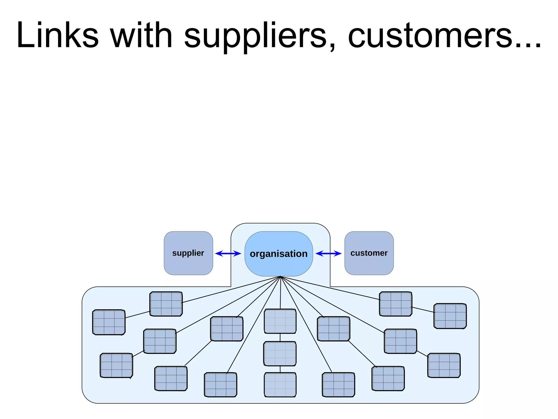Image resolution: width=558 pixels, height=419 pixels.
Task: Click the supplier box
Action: click(x=188, y=253)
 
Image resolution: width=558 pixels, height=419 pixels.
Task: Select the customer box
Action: click(x=369, y=253)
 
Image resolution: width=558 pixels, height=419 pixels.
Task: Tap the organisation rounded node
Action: click(x=278, y=254)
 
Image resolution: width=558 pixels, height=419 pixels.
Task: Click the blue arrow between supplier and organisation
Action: click(x=228, y=254)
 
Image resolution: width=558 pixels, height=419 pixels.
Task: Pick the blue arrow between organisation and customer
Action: click(x=328, y=254)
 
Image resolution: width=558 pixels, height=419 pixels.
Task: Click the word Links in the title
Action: click(x=57, y=35)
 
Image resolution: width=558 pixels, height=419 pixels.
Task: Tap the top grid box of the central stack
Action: click(x=280, y=321)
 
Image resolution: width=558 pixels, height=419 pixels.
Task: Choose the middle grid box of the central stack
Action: click(x=280, y=354)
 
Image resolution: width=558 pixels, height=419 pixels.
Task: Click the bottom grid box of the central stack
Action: click(x=280, y=385)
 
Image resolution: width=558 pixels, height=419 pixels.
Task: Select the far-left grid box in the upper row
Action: click(x=109, y=322)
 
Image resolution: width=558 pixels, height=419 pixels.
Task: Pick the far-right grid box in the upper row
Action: click(x=450, y=316)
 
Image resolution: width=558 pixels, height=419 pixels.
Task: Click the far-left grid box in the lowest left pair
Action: click(x=116, y=366)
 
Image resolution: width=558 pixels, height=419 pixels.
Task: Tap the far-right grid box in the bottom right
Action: click(x=444, y=366)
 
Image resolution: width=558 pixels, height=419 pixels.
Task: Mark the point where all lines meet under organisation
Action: click(x=280, y=277)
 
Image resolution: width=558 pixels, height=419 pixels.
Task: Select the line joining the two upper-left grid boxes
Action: click(x=138, y=314)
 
